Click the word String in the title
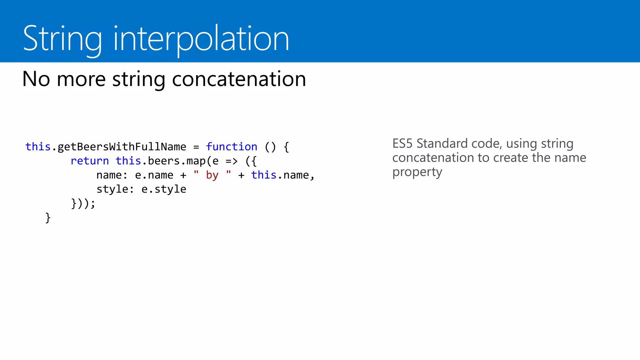pyautogui.click(x=62, y=39)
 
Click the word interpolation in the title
pyautogui.click(x=201, y=39)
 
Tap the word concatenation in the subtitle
pyautogui.click(x=239, y=79)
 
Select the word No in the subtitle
pyautogui.click(x=36, y=79)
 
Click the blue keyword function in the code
pyautogui.click(x=231, y=147)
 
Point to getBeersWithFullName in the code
pyautogui.click(x=122, y=147)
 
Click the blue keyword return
pyautogui.click(x=90, y=161)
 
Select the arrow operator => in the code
pyautogui.click(x=232, y=161)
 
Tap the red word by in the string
pyautogui.click(x=212, y=175)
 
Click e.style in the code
pyautogui.click(x=164, y=189)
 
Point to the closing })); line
pyautogui.click(x=83, y=203)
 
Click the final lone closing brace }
pyautogui.click(x=48, y=217)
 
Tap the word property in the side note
pyautogui.click(x=417, y=172)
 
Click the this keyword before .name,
pyautogui.click(x=264, y=175)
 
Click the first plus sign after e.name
pyautogui.click(x=183, y=175)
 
